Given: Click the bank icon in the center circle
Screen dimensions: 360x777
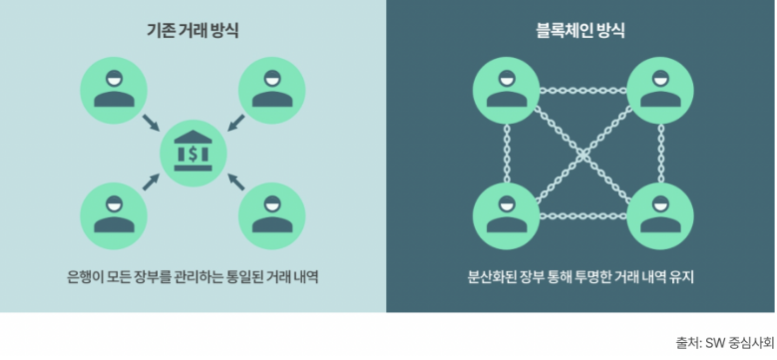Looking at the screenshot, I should [x=194, y=152].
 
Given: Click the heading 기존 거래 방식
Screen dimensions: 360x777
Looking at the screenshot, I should [x=193, y=31].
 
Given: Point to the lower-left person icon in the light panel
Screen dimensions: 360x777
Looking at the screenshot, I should [x=110, y=214].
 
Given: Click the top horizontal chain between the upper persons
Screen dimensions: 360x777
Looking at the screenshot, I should [x=581, y=90].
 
